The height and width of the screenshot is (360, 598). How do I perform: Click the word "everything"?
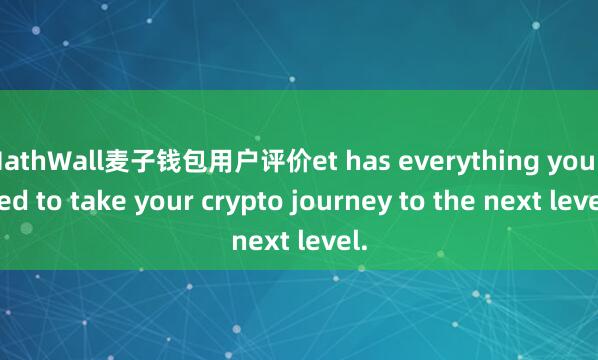coord(472,161)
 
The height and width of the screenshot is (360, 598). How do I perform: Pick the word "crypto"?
coord(233,200)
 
